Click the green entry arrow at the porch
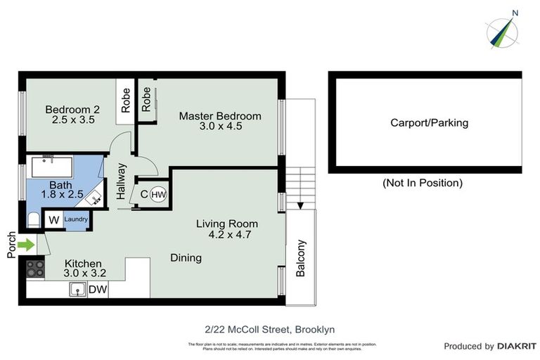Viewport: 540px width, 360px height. point(25,245)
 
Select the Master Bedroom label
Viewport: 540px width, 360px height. point(219,116)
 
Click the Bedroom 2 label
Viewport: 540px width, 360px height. point(72,110)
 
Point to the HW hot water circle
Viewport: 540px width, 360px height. point(158,195)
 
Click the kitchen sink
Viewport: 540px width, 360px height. point(78,289)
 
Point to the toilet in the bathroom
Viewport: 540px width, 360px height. point(33,220)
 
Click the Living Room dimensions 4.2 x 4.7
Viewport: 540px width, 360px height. point(230,235)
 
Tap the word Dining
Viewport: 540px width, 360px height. point(186,258)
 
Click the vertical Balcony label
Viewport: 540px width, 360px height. point(302,259)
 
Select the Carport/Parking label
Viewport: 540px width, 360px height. point(429,123)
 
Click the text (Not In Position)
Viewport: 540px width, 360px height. point(422,183)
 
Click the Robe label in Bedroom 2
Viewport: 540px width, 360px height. point(126,101)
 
